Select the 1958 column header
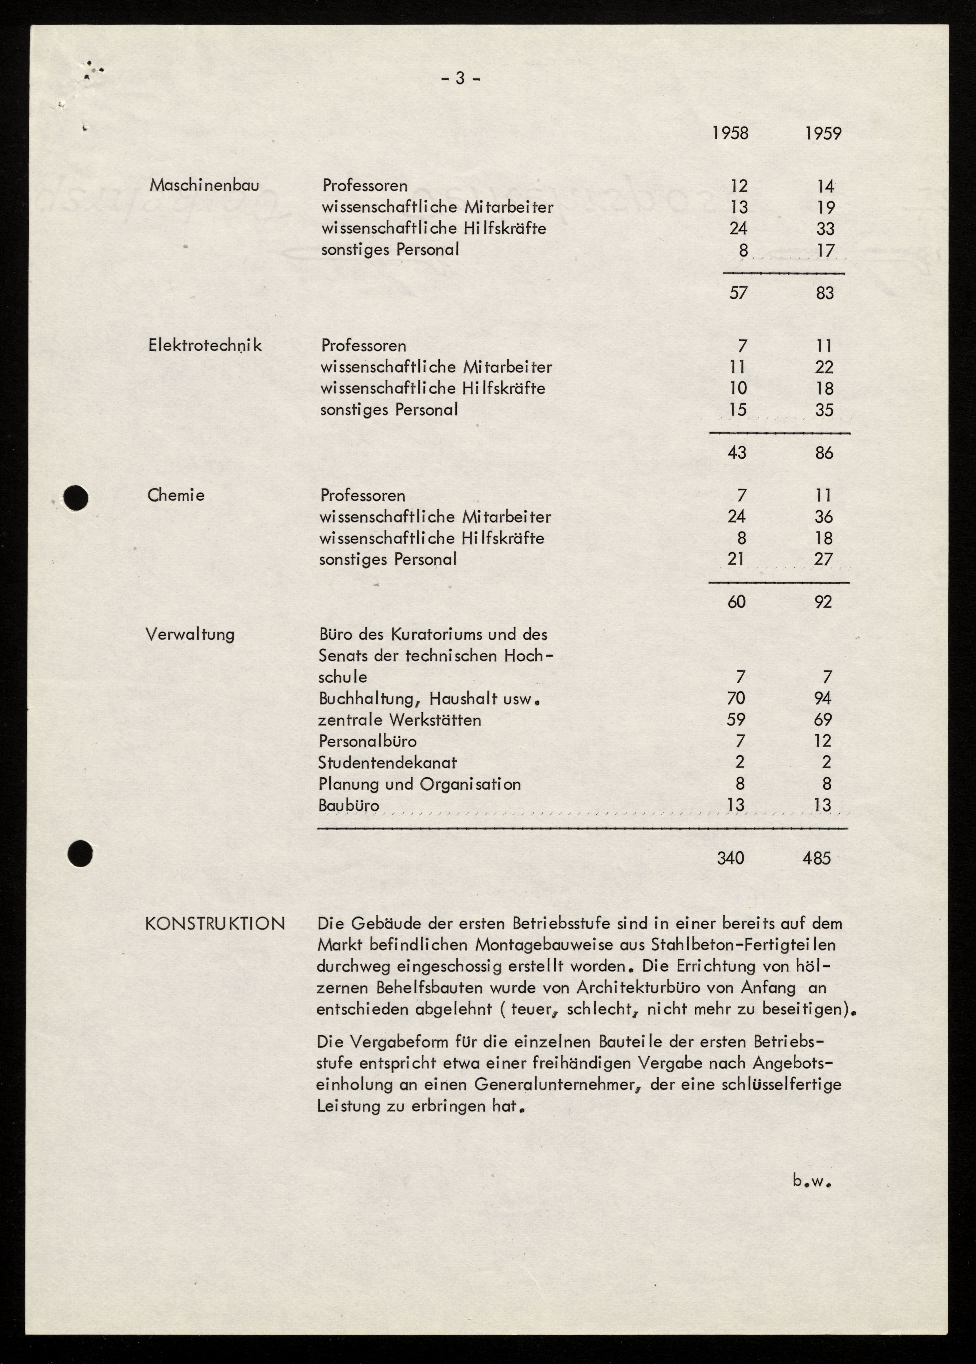pyautogui.click(x=730, y=133)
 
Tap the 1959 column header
pyautogui.click(x=823, y=133)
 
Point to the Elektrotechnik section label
pyautogui.click(x=205, y=345)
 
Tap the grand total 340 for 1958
pyautogui.click(x=731, y=858)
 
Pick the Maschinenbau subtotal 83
pyautogui.click(x=825, y=293)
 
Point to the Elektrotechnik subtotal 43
pyautogui.click(x=737, y=452)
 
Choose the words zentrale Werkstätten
pyautogui.click(x=400, y=720)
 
